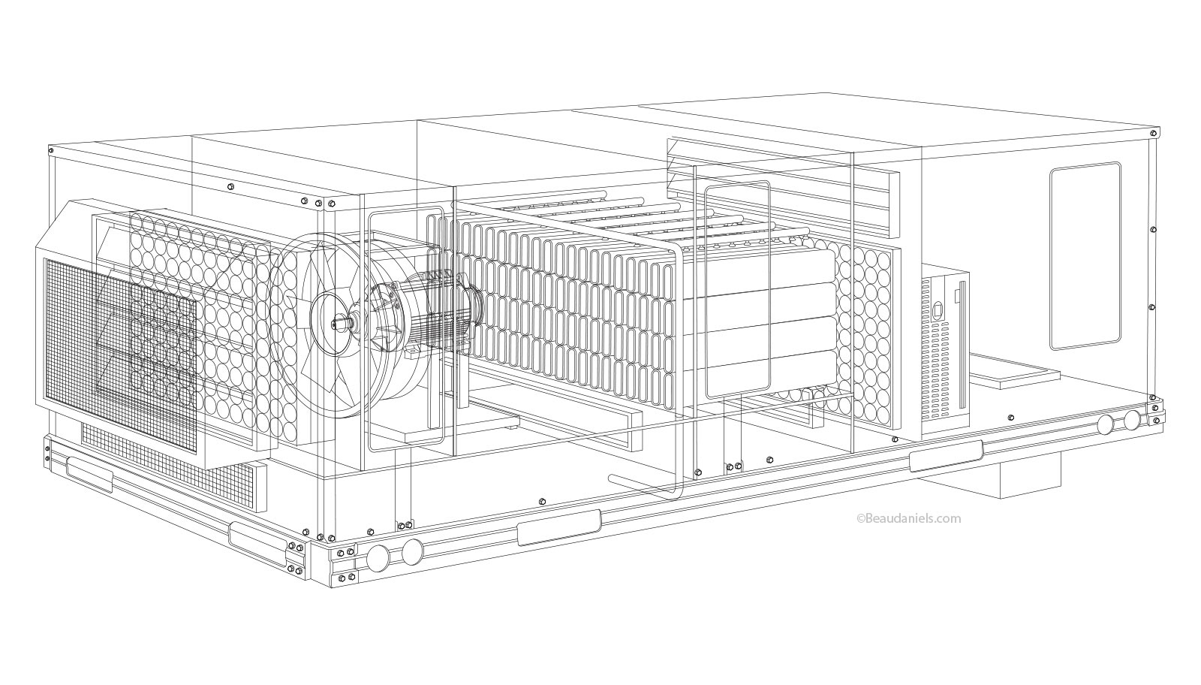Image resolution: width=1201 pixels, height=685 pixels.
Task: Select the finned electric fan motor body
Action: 435,315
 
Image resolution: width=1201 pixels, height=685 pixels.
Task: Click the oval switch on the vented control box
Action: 936,309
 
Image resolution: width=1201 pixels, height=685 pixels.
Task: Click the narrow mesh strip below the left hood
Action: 173,458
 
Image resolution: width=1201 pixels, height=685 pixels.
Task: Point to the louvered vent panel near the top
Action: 781,184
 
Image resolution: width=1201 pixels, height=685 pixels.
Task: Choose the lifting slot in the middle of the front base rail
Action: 559,527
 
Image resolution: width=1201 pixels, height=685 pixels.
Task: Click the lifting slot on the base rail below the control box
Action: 945,455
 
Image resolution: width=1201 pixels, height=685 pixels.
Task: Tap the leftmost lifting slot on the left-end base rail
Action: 89,472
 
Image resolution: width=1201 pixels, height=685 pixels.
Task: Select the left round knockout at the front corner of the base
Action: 379,557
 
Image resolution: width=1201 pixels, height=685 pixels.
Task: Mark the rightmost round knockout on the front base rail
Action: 1131,421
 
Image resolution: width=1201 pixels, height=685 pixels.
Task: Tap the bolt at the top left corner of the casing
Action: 52,152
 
